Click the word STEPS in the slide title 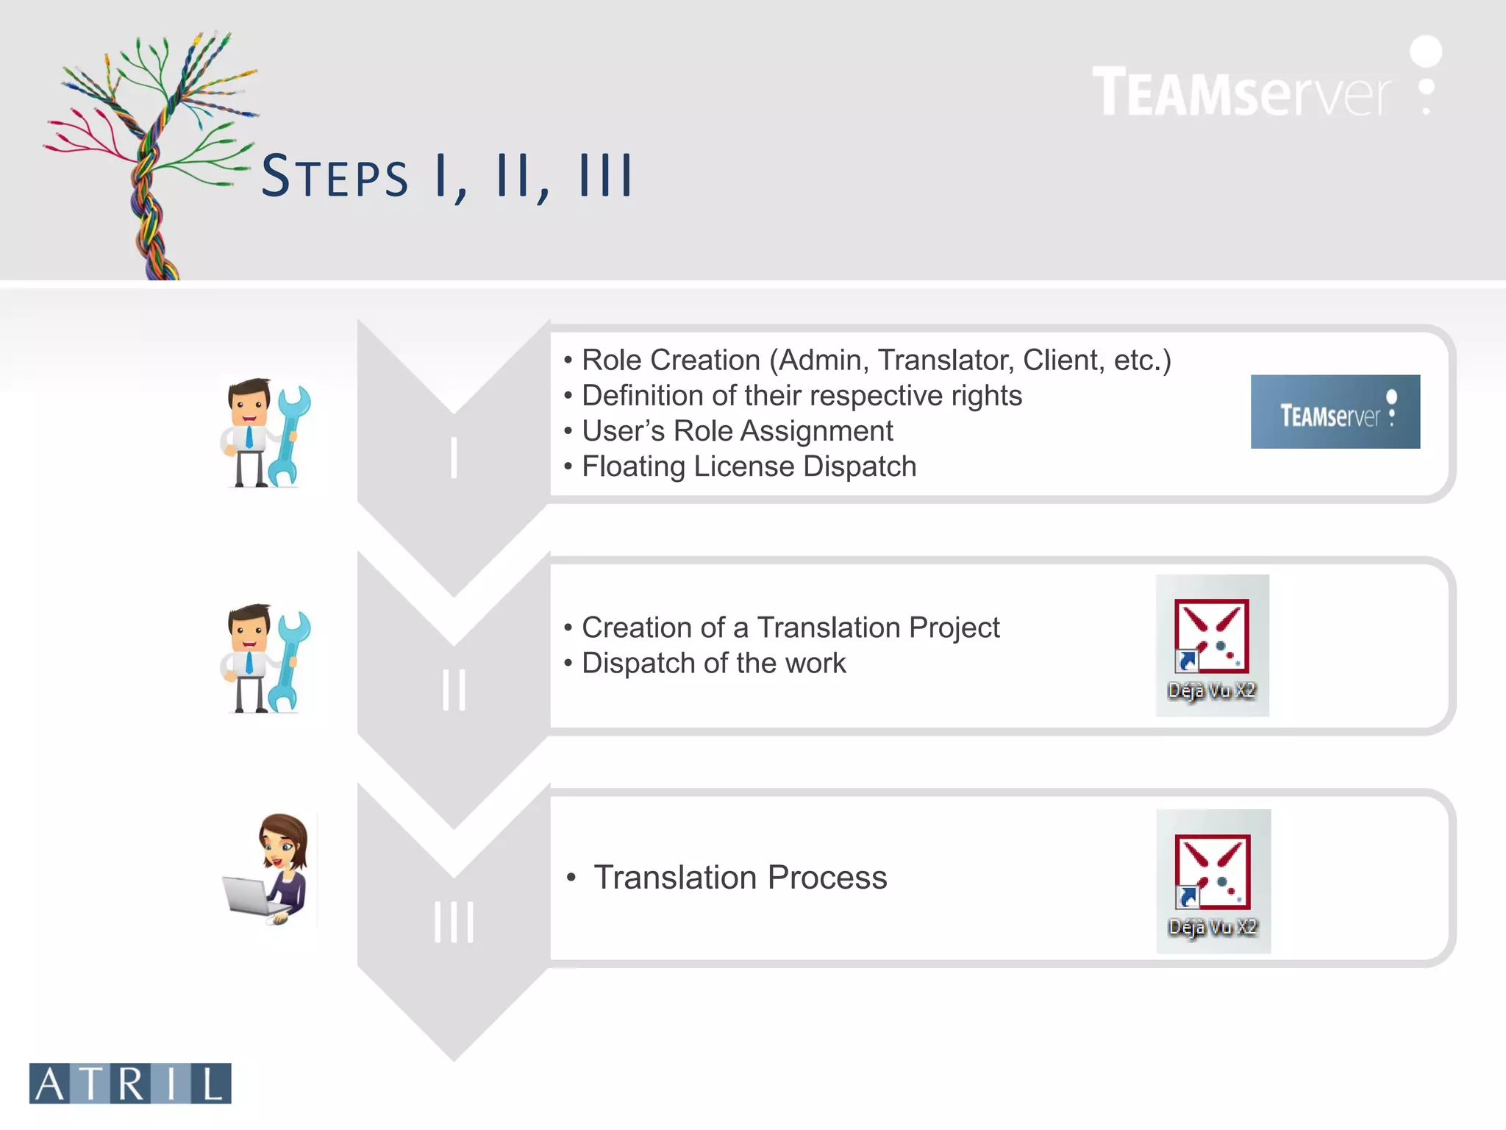pos(335,177)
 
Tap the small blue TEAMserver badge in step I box pos(1335,412)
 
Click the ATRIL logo pos(130,1083)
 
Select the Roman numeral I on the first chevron pos(454,458)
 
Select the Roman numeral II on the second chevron pos(454,690)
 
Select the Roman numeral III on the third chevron pos(454,922)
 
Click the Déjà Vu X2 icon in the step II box pos(1212,645)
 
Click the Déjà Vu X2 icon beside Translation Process pos(1213,881)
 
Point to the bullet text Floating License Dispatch pos(749,466)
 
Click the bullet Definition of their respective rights pos(802,396)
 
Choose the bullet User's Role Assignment pos(737,431)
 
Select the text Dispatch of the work pos(713,663)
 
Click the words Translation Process pos(740,878)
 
